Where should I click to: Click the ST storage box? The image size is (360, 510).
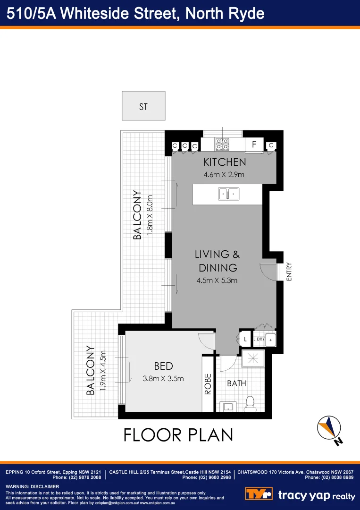tap(143, 106)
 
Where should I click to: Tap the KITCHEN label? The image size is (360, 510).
tap(225, 162)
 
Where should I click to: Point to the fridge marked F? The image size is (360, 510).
tap(254, 144)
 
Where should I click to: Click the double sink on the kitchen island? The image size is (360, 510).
tap(229, 194)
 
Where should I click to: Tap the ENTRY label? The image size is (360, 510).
tap(289, 272)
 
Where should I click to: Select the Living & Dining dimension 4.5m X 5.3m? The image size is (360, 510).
tap(217, 280)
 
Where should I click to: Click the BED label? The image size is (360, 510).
tap(163, 366)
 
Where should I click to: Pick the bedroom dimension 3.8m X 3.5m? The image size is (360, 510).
tap(163, 378)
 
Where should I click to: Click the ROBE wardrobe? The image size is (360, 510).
tap(208, 383)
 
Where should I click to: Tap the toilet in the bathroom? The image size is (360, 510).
tap(250, 402)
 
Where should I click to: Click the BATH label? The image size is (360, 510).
tap(236, 383)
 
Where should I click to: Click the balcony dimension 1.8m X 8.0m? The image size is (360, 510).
tap(151, 215)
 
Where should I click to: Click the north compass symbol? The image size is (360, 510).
tap(329, 429)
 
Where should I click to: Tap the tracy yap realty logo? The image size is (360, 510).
tap(300, 495)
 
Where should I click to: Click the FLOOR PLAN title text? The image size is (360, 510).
tap(178, 434)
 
